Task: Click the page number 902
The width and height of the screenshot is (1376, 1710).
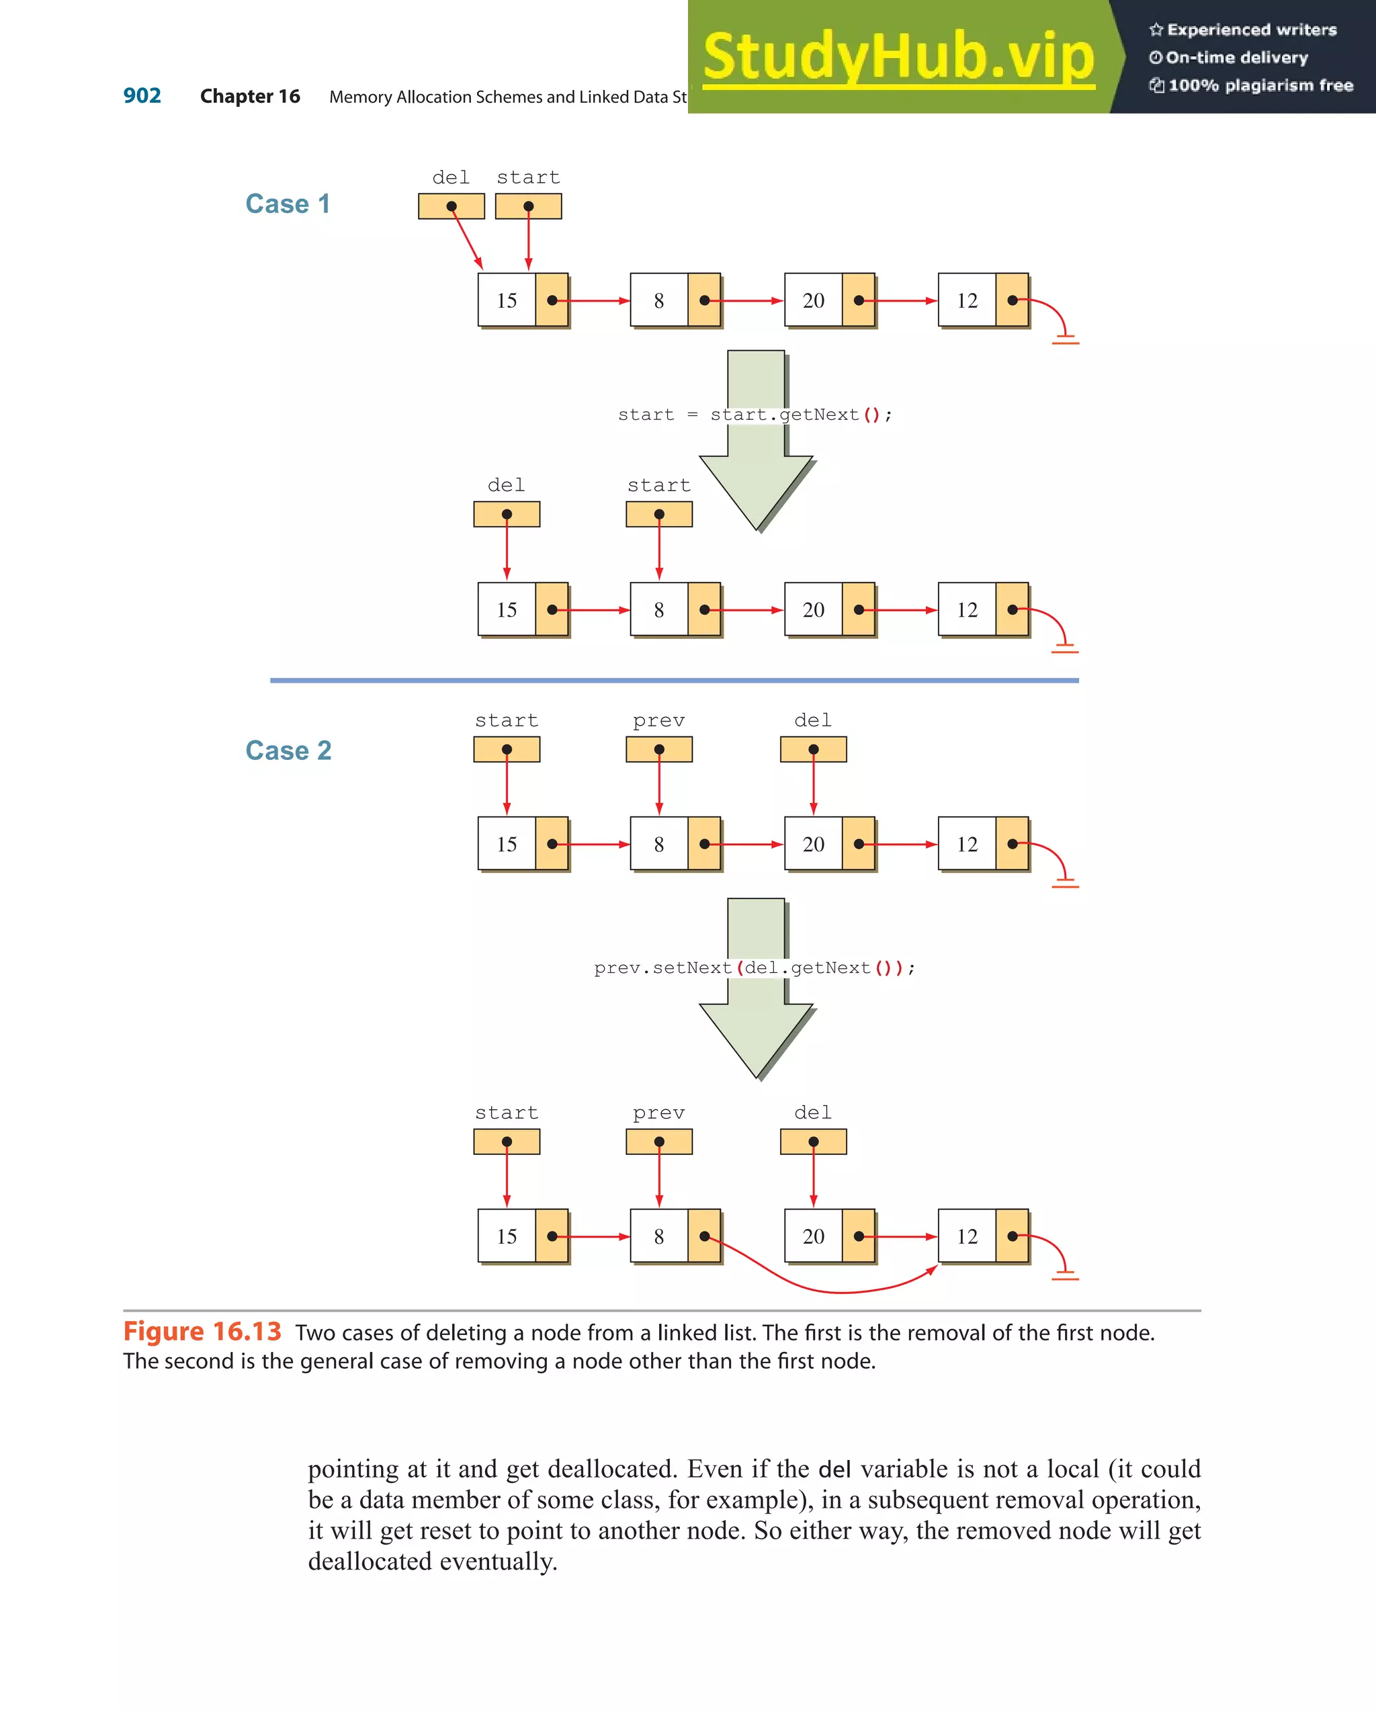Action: point(142,96)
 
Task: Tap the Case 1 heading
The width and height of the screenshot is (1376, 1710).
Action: point(287,204)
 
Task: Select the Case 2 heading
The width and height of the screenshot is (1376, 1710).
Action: point(288,751)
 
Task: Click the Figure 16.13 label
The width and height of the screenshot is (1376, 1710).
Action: point(202,1332)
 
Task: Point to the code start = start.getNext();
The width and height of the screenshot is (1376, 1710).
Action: point(755,415)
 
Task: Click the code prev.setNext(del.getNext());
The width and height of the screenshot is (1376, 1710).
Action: point(755,968)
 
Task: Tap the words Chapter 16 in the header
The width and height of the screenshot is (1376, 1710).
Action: point(250,97)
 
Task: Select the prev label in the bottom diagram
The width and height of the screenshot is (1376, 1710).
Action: point(658,1113)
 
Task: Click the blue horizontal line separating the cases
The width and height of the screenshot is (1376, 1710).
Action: point(674,680)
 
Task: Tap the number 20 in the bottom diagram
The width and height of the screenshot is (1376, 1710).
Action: point(813,1236)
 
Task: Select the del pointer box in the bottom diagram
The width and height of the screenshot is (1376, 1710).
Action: point(813,1142)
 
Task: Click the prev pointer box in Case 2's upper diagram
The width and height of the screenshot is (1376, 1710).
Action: point(658,750)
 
